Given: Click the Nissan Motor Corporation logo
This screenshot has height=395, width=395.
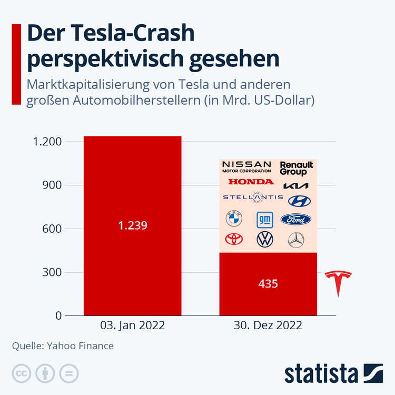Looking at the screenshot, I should [x=246, y=167].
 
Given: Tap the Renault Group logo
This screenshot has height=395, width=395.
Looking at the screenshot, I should [x=296, y=168].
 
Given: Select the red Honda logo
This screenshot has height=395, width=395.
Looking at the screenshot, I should [x=251, y=182].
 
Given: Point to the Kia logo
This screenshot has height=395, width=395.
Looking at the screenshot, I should [x=296, y=185].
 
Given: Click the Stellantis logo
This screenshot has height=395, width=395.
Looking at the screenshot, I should [x=253, y=197].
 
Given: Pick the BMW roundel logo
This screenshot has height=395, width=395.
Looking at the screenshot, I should [x=233, y=219].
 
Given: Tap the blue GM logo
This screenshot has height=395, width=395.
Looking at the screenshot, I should [x=264, y=219].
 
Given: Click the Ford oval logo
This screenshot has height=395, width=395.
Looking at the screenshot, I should [x=296, y=219].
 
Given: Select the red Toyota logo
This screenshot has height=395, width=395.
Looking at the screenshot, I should [x=234, y=239].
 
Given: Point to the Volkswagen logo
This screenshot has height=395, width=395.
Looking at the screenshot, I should [x=264, y=240].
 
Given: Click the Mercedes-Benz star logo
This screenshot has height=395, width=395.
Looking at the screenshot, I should [x=296, y=240].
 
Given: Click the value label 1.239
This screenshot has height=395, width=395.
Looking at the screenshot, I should [x=132, y=225].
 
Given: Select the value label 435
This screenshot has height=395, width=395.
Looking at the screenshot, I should [x=268, y=283].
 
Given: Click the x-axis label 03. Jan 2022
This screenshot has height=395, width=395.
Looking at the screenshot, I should [x=132, y=325].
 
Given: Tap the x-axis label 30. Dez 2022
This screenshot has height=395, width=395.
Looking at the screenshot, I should [x=268, y=325].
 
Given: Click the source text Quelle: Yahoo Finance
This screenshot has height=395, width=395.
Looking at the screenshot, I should [x=63, y=346].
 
